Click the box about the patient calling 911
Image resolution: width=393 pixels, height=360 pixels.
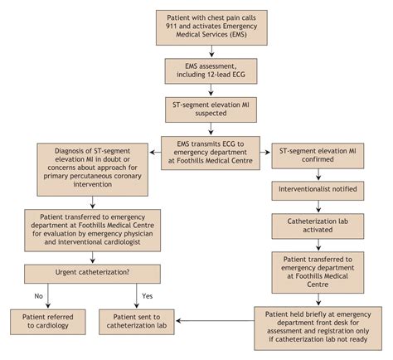[211, 27]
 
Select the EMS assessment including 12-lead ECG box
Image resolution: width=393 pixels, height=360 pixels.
[211, 71]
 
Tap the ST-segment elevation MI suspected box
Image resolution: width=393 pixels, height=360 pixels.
[211, 109]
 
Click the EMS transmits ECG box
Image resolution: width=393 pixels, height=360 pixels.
[211, 153]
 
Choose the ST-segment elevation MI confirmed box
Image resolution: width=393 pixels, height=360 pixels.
[318, 156]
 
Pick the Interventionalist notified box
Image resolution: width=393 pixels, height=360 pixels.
[318, 191]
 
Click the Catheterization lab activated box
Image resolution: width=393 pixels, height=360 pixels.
[318, 226]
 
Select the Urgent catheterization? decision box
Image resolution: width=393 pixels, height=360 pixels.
[92, 274]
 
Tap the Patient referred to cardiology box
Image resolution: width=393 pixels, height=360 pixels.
[48, 322]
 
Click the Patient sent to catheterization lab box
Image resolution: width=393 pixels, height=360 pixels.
[137, 322]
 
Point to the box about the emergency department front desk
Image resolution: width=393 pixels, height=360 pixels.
[318, 328]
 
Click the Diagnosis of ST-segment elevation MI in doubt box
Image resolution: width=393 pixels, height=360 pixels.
[92, 169]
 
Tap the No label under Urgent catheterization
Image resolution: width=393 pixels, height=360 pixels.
[38, 296]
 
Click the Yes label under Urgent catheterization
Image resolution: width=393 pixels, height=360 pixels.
[147, 296]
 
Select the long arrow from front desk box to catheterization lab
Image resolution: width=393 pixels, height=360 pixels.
[215, 321]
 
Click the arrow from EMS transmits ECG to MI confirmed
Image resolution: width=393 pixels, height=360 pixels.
[265, 153]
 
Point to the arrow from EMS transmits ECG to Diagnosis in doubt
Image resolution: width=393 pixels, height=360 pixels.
[155, 153]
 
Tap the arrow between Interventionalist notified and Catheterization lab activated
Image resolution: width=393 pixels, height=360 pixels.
[318, 207]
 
